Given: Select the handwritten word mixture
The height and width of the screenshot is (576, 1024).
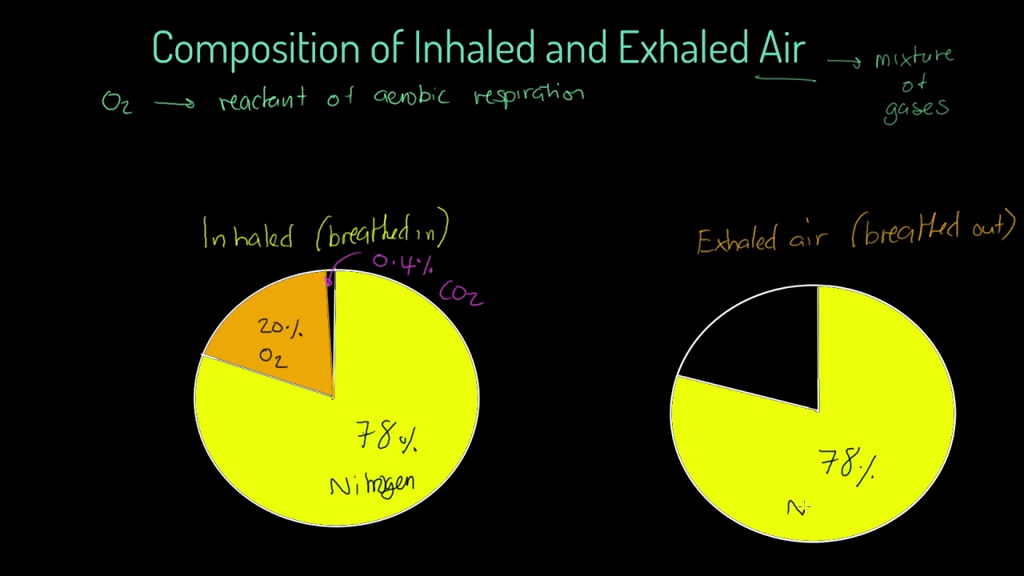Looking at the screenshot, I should pyautogui.click(x=914, y=58).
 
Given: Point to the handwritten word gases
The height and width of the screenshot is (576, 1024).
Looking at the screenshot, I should pyautogui.click(x=916, y=108).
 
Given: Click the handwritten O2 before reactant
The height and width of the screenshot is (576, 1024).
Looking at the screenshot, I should pyautogui.click(x=116, y=102).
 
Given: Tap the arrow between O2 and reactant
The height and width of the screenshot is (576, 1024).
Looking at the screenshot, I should pyautogui.click(x=174, y=102).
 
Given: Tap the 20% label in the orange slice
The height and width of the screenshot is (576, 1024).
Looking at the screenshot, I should pyautogui.click(x=280, y=327).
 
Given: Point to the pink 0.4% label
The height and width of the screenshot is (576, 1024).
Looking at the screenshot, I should pyautogui.click(x=402, y=263).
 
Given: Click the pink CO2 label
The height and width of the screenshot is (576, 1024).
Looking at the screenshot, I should pyautogui.click(x=461, y=294).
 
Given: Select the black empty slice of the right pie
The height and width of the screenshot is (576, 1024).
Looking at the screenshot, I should pyautogui.click(x=760, y=352).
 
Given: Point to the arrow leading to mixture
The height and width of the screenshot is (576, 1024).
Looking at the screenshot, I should pyautogui.click(x=844, y=61).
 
